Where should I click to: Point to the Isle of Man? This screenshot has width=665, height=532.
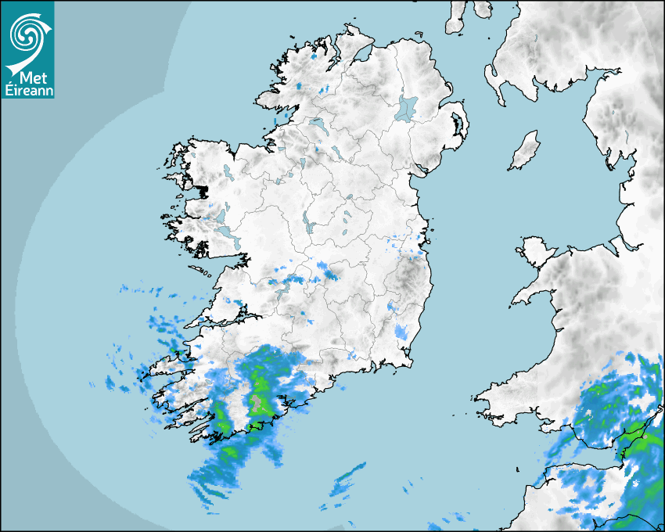525,150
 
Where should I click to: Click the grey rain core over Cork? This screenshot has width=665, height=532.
257,403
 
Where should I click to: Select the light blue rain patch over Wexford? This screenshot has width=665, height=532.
402,332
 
